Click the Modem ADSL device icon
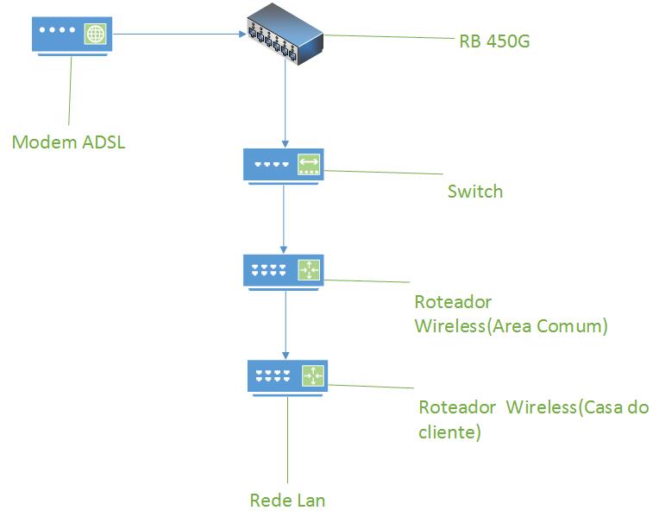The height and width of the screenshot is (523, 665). pos(72,35)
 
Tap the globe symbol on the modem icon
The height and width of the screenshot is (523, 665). pos(96,35)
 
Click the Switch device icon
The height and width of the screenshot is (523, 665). pos(284,164)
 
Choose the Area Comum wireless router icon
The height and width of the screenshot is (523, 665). pos(284,270)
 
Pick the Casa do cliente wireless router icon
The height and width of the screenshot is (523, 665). pos(287,376)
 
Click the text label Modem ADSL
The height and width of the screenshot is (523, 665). pos(68,142)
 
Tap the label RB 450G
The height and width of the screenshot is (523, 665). pos(493,40)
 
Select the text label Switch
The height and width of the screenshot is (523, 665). pos(474,192)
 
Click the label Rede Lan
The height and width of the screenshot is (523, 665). pos(287,500)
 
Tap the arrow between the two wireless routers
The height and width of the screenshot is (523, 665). pos(285,324)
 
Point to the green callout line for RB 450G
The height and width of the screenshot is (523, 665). pos(388,36)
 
